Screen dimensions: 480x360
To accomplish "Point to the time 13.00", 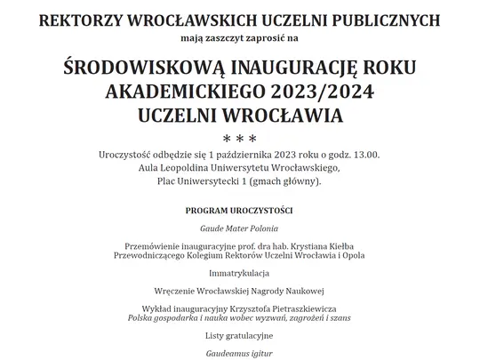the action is [363, 156].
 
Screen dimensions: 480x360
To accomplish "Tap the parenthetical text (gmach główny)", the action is [281, 182].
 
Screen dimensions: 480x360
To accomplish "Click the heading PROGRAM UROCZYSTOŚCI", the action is [239, 211].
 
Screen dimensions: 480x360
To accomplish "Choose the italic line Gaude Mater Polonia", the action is [238, 228].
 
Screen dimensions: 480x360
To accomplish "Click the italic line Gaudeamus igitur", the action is [238, 352].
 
